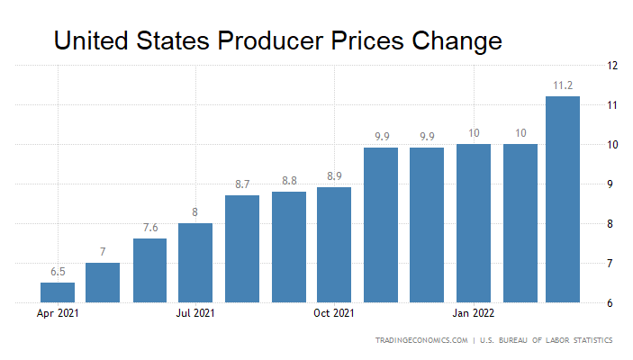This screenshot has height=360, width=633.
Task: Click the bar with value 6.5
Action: (x=58, y=292)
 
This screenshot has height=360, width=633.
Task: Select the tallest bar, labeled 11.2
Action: (x=563, y=200)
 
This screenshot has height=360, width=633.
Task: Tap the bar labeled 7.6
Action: (x=150, y=270)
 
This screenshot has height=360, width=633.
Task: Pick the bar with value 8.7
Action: (x=242, y=248)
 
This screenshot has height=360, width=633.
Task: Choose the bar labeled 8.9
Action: (x=334, y=245)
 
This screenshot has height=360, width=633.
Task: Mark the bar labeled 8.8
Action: (x=289, y=247)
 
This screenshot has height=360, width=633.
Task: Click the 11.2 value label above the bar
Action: (x=563, y=86)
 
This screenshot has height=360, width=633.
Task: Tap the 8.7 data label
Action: (x=242, y=184)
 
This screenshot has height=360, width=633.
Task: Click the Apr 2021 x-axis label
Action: (x=58, y=314)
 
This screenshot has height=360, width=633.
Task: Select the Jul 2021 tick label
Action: (x=195, y=314)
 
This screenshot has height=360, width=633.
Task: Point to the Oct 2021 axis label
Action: (x=334, y=314)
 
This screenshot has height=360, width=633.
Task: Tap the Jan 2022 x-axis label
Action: (x=472, y=314)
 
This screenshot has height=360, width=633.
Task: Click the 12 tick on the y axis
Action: (x=611, y=66)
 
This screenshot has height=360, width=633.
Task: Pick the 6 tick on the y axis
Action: (x=611, y=303)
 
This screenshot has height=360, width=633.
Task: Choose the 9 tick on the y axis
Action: (x=611, y=184)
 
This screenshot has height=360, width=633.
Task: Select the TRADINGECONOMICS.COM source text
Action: (x=421, y=341)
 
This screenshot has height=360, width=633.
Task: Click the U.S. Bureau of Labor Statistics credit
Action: (x=547, y=341)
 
